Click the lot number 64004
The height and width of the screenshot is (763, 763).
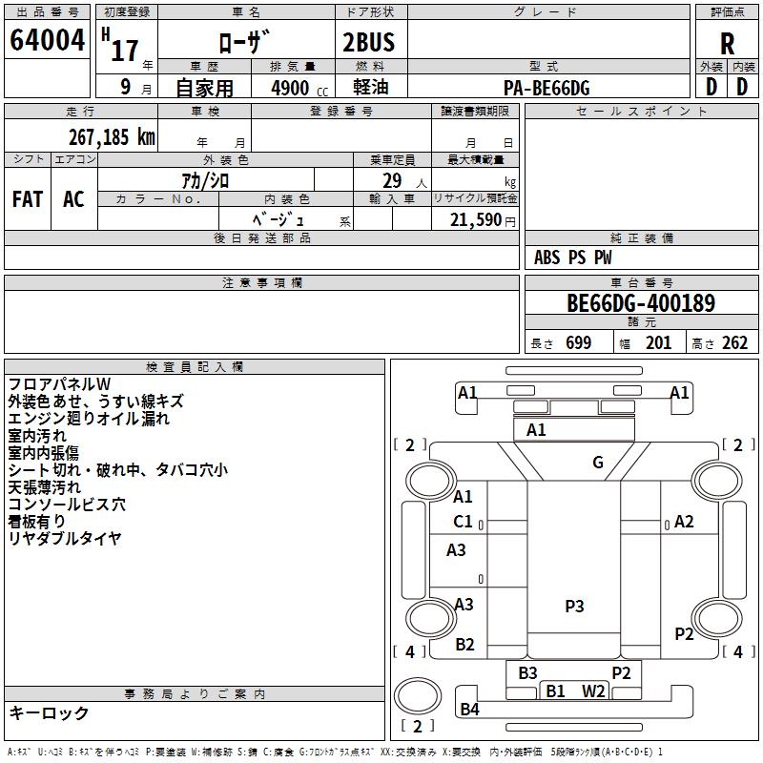pos(47,40)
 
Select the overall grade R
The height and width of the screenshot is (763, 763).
pos(727,44)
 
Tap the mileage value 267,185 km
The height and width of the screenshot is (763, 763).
pos(112,137)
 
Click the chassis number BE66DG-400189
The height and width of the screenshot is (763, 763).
pos(641,303)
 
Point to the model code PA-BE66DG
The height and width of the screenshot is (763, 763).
pos(546,88)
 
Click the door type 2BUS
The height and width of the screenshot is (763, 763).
pos(369,42)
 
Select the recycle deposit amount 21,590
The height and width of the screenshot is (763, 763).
pos(475,220)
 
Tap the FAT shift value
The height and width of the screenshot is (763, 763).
pos(28,199)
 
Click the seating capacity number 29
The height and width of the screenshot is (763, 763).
pos(392,181)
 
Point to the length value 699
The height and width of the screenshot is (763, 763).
pos(579,342)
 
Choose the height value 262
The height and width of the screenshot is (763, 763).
pos(734,342)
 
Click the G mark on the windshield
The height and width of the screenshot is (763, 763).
pos(598,462)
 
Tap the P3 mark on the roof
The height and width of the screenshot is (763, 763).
pos(574,606)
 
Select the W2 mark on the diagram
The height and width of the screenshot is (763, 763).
pos(593,691)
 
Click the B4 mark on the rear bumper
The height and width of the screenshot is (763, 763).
pos(469,710)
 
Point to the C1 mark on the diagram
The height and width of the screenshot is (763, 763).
pos(463,522)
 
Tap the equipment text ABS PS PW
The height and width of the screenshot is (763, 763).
pos(573,258)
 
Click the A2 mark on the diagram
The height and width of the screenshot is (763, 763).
pos(684,522)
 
